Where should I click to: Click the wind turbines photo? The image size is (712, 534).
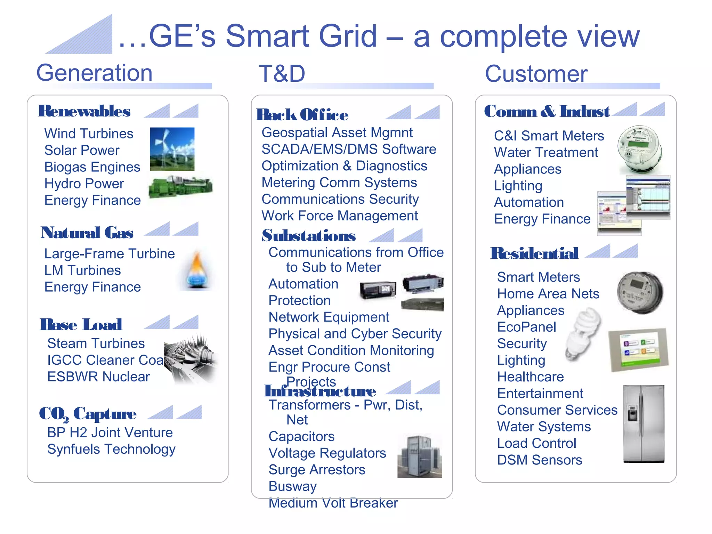172,149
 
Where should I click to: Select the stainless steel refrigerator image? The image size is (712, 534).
644,424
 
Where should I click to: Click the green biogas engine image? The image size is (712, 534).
180,187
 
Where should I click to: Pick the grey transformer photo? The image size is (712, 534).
420,456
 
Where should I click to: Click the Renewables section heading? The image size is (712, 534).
84,111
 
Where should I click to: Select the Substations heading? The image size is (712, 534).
309,236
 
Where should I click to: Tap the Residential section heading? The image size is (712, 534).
534,253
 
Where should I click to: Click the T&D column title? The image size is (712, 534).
282,74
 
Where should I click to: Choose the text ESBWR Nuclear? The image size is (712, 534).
98,377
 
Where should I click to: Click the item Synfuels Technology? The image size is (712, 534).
111,449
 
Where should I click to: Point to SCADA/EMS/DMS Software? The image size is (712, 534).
349,149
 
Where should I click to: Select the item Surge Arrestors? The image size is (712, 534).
317,470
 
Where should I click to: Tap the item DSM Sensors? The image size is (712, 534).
539,460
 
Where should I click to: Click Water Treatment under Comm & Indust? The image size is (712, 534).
546,152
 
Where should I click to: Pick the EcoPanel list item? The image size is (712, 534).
526,327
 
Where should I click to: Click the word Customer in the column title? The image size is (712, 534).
536,74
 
